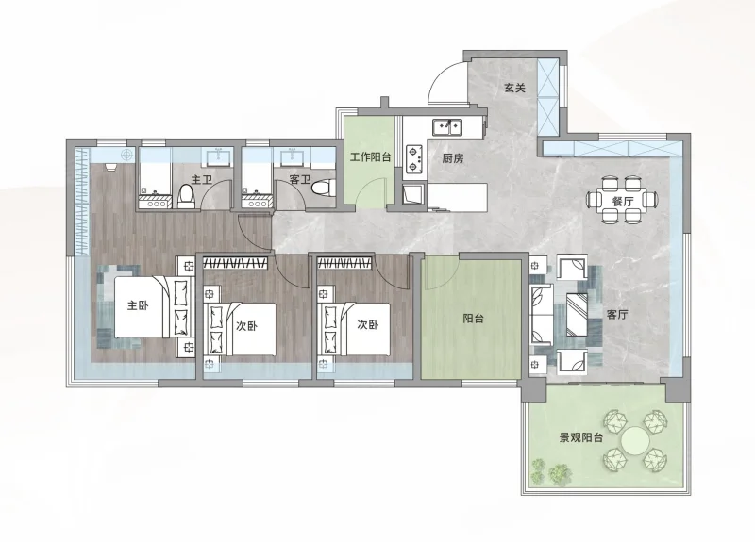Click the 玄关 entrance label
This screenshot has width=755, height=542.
point(514,88)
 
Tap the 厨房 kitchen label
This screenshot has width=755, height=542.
point(453,157)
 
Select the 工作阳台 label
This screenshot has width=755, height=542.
point(370,156)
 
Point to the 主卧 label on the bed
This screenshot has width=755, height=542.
point(138,305)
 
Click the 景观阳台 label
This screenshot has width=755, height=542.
point(581,437)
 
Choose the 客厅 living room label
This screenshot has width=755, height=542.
point(617,315)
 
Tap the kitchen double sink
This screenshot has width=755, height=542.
point(447,127)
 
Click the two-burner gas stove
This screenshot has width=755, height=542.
point(414,158)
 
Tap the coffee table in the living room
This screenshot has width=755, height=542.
point(577,315)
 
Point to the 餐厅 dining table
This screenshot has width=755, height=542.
point(622,200)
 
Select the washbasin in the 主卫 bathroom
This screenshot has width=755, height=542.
point(220,156)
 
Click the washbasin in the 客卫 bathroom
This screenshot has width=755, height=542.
point(292,156)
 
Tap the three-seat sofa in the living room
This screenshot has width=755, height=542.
point(541,315)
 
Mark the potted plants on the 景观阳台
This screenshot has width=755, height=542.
point(552,469)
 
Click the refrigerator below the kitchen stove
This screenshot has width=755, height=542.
point(414,195)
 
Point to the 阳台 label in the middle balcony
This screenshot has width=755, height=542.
point(473,319)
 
